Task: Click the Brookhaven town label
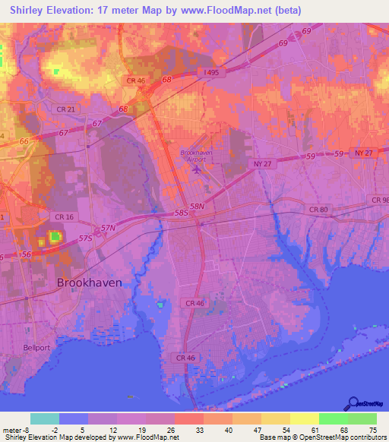point(89,282)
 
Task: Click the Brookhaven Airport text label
point(196,156)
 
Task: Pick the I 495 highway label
point(211,72)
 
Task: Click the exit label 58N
point(198,206)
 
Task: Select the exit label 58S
point(181,214)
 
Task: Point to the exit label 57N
point(108,228)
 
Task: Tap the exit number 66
point(24,141)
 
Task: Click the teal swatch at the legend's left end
point(45,418)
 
